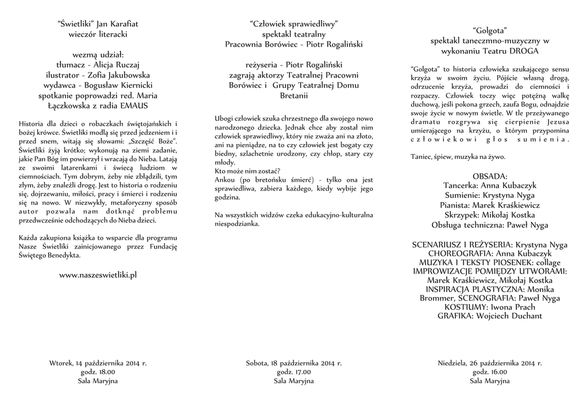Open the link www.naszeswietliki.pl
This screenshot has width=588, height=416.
coord(98,275)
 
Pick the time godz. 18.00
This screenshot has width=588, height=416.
coord(98,372)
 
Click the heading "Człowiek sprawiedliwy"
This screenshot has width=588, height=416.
coord(294,24)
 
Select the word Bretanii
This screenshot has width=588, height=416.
coord(294,95)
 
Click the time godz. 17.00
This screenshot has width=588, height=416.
coord(294,372)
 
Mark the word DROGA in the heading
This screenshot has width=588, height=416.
coord(535,50)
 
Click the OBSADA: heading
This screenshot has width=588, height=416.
coord(490,176)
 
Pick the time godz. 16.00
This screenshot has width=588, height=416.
coord(490,372)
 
